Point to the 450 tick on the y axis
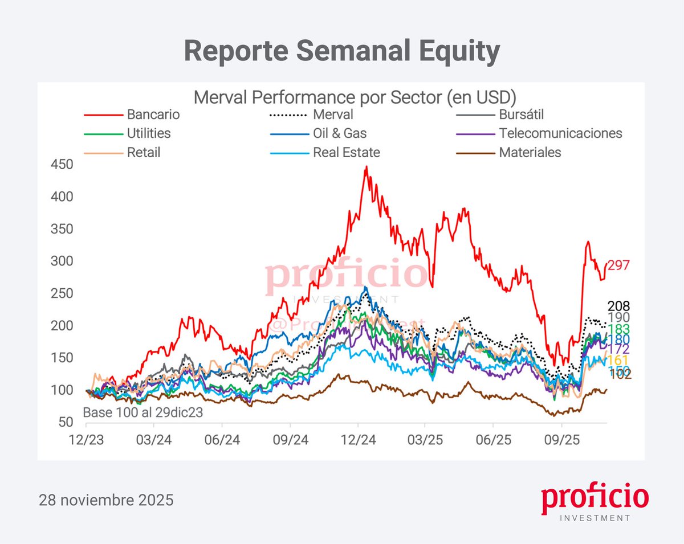click(62, 165)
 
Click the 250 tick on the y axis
click(62, 293)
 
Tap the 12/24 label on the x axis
click(357, 441)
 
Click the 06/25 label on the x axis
click(494, 441)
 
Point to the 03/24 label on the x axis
click(154, 441)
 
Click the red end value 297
click(618, 265)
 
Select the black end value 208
click(618, 306)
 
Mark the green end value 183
click(618, 330)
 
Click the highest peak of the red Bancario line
click(366, 167)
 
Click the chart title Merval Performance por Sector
click(355, 97)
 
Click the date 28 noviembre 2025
click(106, 501)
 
